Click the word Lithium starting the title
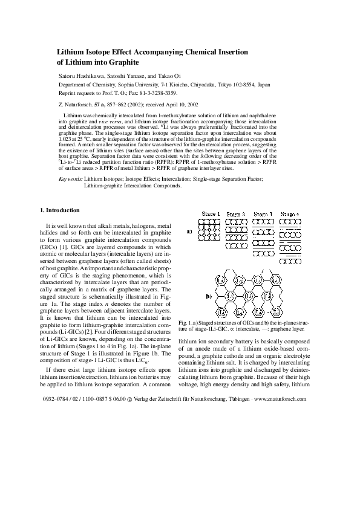(71, 53)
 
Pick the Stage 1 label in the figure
(211, 215)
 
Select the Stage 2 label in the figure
(236, 215)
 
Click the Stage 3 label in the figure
(263, 215)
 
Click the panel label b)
(209, 296)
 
